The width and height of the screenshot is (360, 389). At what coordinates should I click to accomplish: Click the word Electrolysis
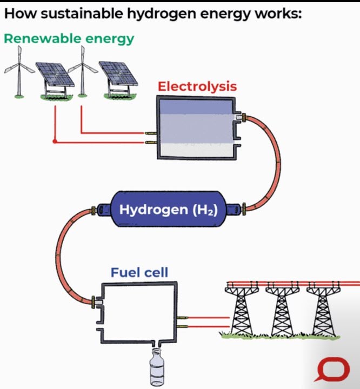(197, 86)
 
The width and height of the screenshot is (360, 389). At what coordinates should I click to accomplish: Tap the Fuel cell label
(139, 272)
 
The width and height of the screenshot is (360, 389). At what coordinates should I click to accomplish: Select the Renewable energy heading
(69, 39)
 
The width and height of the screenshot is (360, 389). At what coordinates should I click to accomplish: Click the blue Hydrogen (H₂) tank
(168, 209)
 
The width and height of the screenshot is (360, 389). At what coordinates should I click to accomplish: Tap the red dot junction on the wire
(55, 142)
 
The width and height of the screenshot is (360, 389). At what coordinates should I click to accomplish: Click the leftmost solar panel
(53, 76)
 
